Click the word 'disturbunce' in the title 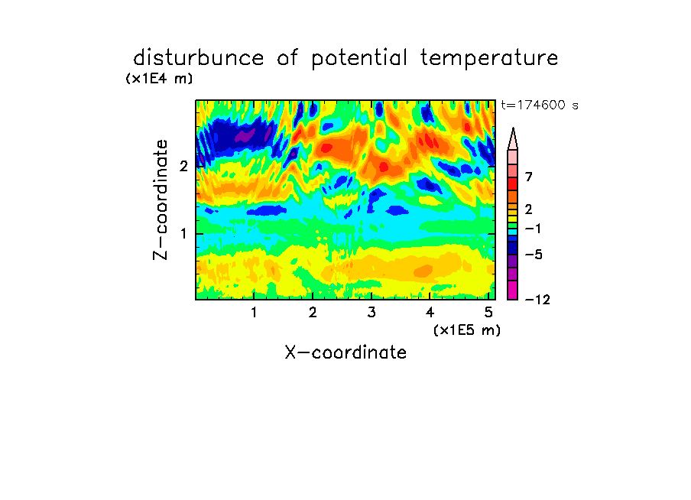(199, 58)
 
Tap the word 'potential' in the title (359, 59)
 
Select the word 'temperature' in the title (489, 59)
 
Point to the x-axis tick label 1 (254, 313)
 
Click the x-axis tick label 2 (313, 313)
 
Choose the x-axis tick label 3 (371, 313)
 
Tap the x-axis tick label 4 (430, 313)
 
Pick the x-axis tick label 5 (488, 313)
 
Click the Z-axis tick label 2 (183, 166)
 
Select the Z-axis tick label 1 (183, 234)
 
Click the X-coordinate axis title (346, 352)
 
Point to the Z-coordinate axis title (161, 200)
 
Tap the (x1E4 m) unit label (159, 79)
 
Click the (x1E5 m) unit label (467, 330)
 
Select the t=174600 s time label (540, 105)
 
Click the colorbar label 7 (529, 177)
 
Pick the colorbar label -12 (537, 300)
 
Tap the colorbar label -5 (534, 255)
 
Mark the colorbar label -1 (533, 229)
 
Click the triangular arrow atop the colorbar (513, 139)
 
